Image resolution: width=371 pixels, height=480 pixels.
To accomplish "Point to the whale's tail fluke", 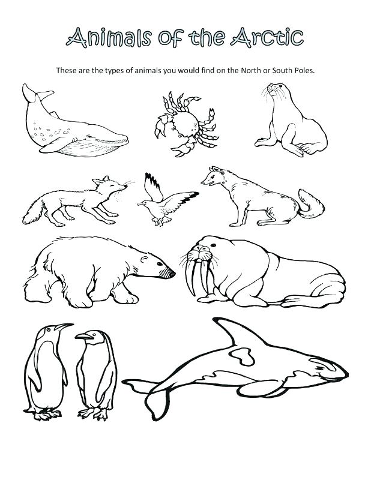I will click(x=35, y=93).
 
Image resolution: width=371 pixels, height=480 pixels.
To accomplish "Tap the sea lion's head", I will click(x=276, y=93).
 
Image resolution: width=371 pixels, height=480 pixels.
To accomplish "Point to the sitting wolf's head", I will click(x=213, y=177).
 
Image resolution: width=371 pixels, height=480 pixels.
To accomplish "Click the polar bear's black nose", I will click(x=172, y=274).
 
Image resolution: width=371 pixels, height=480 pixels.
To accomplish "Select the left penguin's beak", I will click(x=64, y=328).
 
